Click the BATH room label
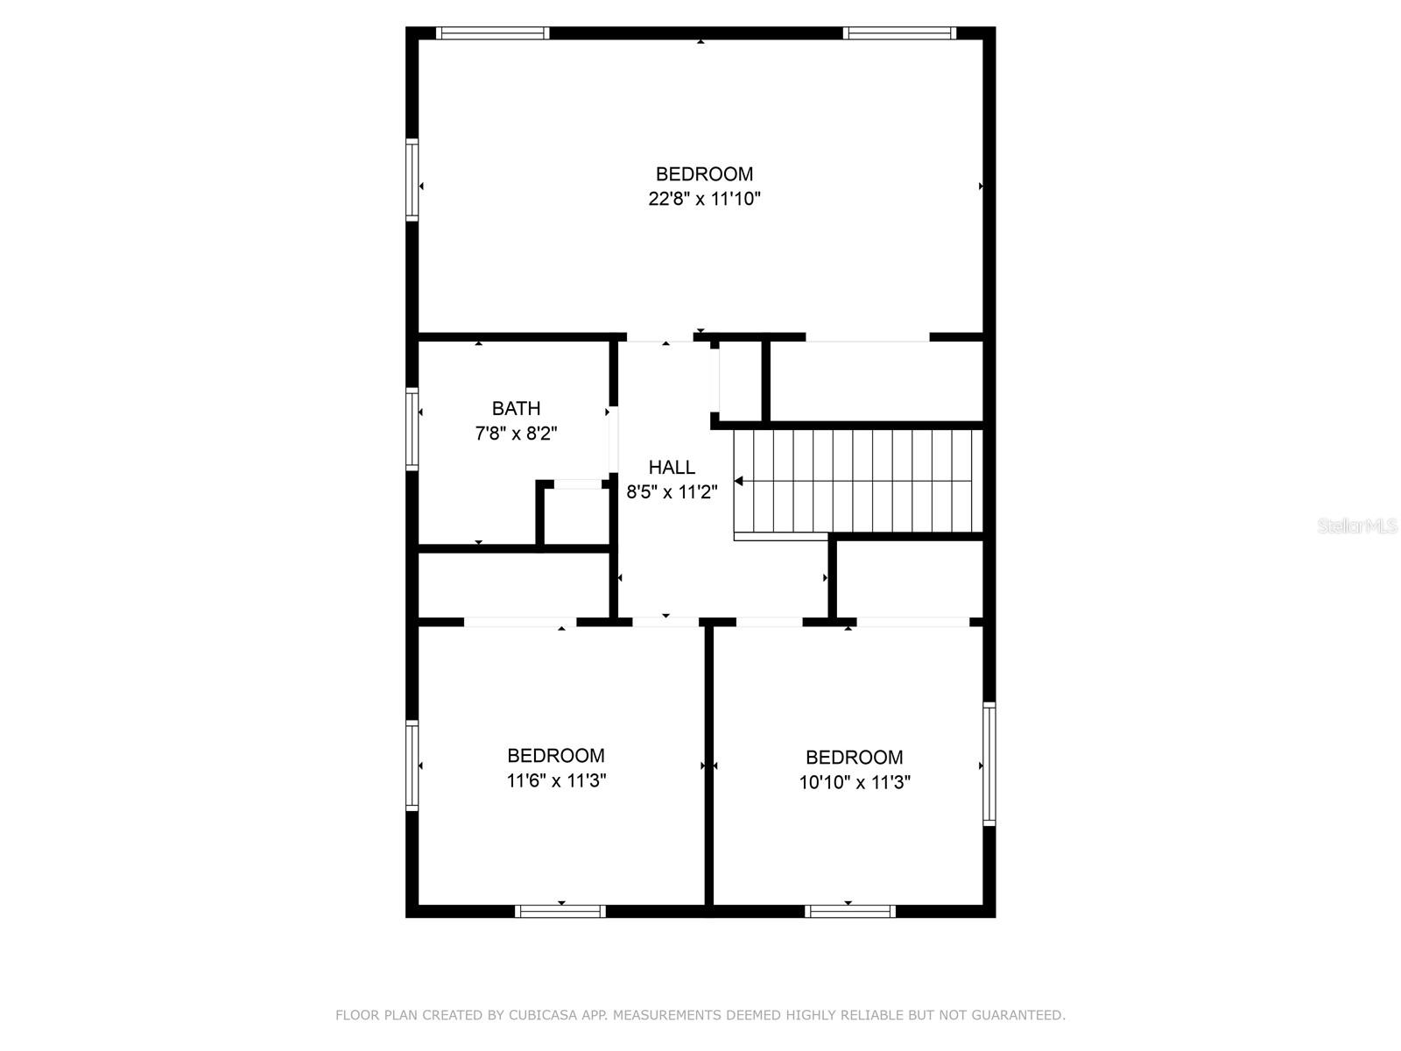coord(516,408)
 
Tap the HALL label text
coord(672,468)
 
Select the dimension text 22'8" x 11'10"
coord(704,199)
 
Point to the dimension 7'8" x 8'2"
coord(516,433)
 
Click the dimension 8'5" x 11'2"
coord(672,492)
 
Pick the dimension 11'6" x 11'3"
coord(556,780)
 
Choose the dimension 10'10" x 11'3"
coord(855,782)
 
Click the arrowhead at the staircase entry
coord(739,481)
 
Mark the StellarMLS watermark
coord(1357,526)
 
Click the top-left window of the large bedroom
coord(493,33)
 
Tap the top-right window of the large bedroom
coord(899,33)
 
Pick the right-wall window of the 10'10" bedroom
coord(989,764)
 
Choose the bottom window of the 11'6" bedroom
coord(560,911)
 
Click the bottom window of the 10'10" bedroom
coord(850,911)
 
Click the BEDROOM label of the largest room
coord(704,174)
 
